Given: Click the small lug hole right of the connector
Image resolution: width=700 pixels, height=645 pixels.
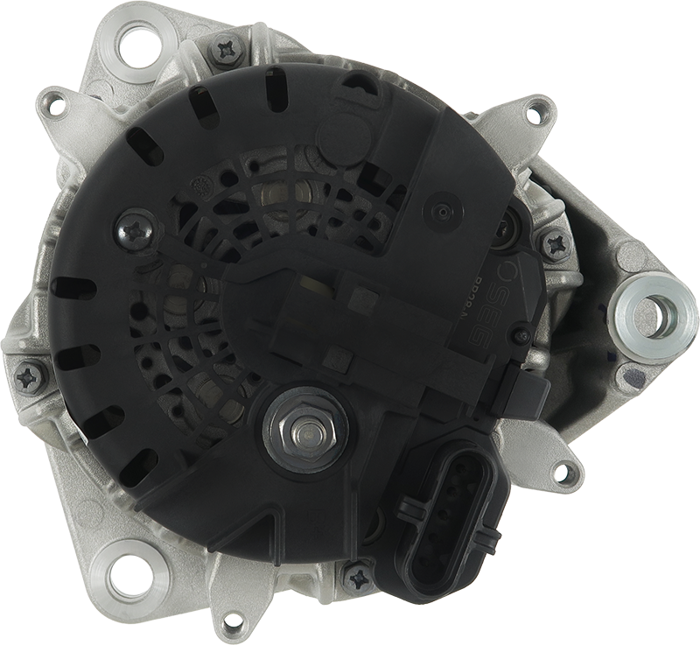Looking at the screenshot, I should tap(569, 474).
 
